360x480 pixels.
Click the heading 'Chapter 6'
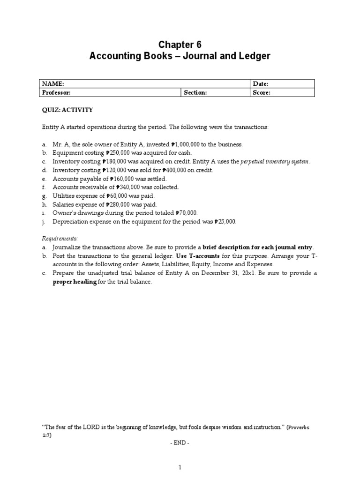180,45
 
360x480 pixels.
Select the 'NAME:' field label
52,84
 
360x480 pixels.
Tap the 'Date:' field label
261,84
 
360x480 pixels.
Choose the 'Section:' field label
195,93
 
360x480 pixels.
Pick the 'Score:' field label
262,93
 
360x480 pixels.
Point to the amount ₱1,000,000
188,145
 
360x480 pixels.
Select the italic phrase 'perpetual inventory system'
275,162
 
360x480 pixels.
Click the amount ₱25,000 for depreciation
225,222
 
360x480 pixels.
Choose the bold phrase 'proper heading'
75,282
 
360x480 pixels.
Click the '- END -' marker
180,442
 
